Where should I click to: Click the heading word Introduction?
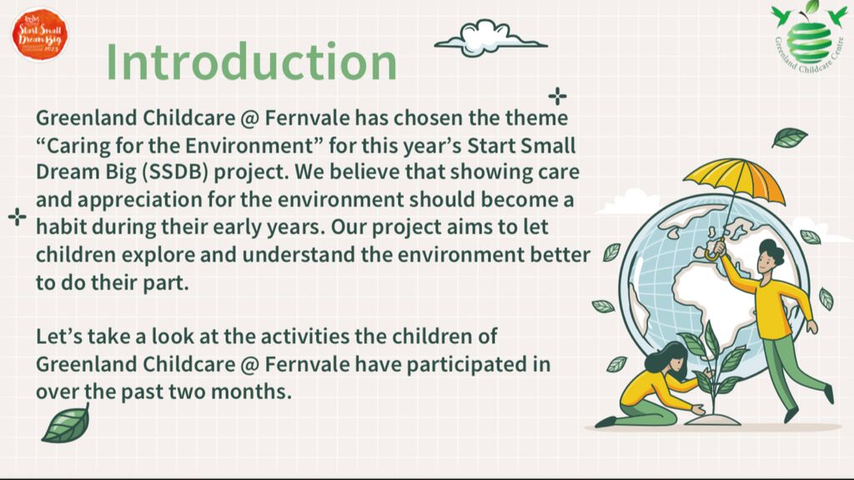click(252, 62)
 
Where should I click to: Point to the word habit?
click(61, 227)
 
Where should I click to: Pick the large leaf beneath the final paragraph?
click(66, 424)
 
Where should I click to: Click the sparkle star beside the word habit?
click(17, 217)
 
